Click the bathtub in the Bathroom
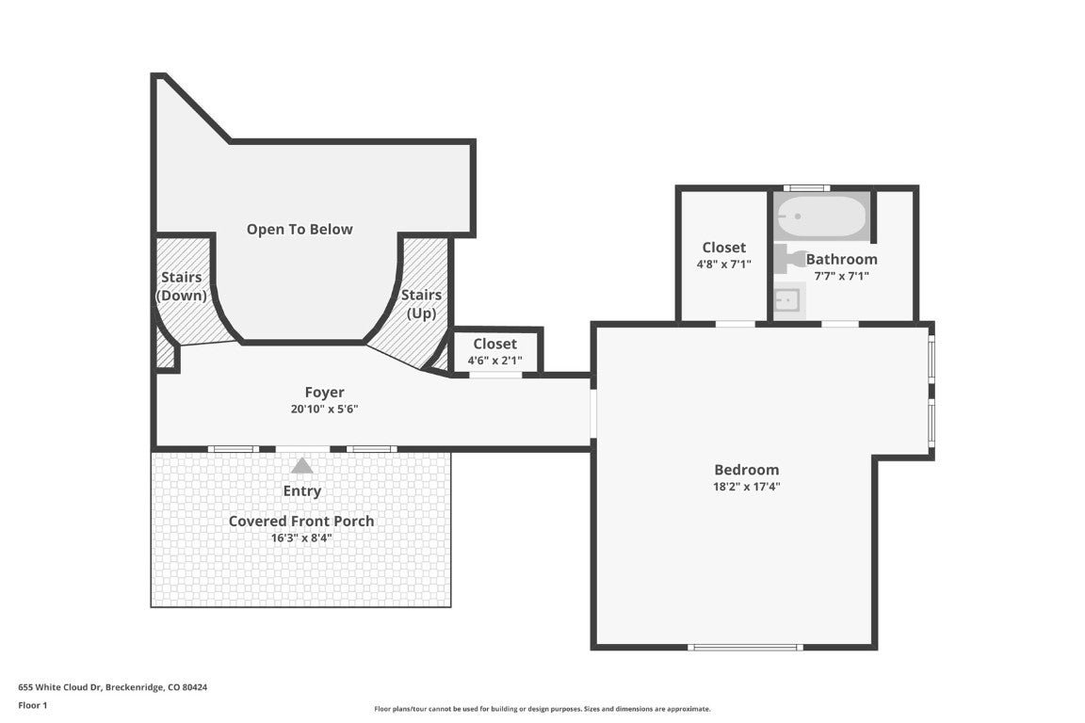click(820, 217)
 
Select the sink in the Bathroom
click(787, 300)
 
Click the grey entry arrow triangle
click(301, 465)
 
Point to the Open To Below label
click(300, 229)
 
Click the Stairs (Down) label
click(182, 286)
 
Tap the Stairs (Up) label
click(421, 304)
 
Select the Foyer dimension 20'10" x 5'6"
click(324, 410)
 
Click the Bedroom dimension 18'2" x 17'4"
click(747, 487)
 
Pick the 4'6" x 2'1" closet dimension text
click(494, 361)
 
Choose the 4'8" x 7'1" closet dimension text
click(723, 265)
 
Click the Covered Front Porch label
click(301, 521)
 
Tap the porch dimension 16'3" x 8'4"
click(301, 538)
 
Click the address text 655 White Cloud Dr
click(113, 687)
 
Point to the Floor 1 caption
click(32, 705)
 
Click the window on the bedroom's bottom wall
click(744, 647)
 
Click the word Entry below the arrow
click(301, 490)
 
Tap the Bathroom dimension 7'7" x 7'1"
click(841, 276)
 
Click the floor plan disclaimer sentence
click(542, 709)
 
